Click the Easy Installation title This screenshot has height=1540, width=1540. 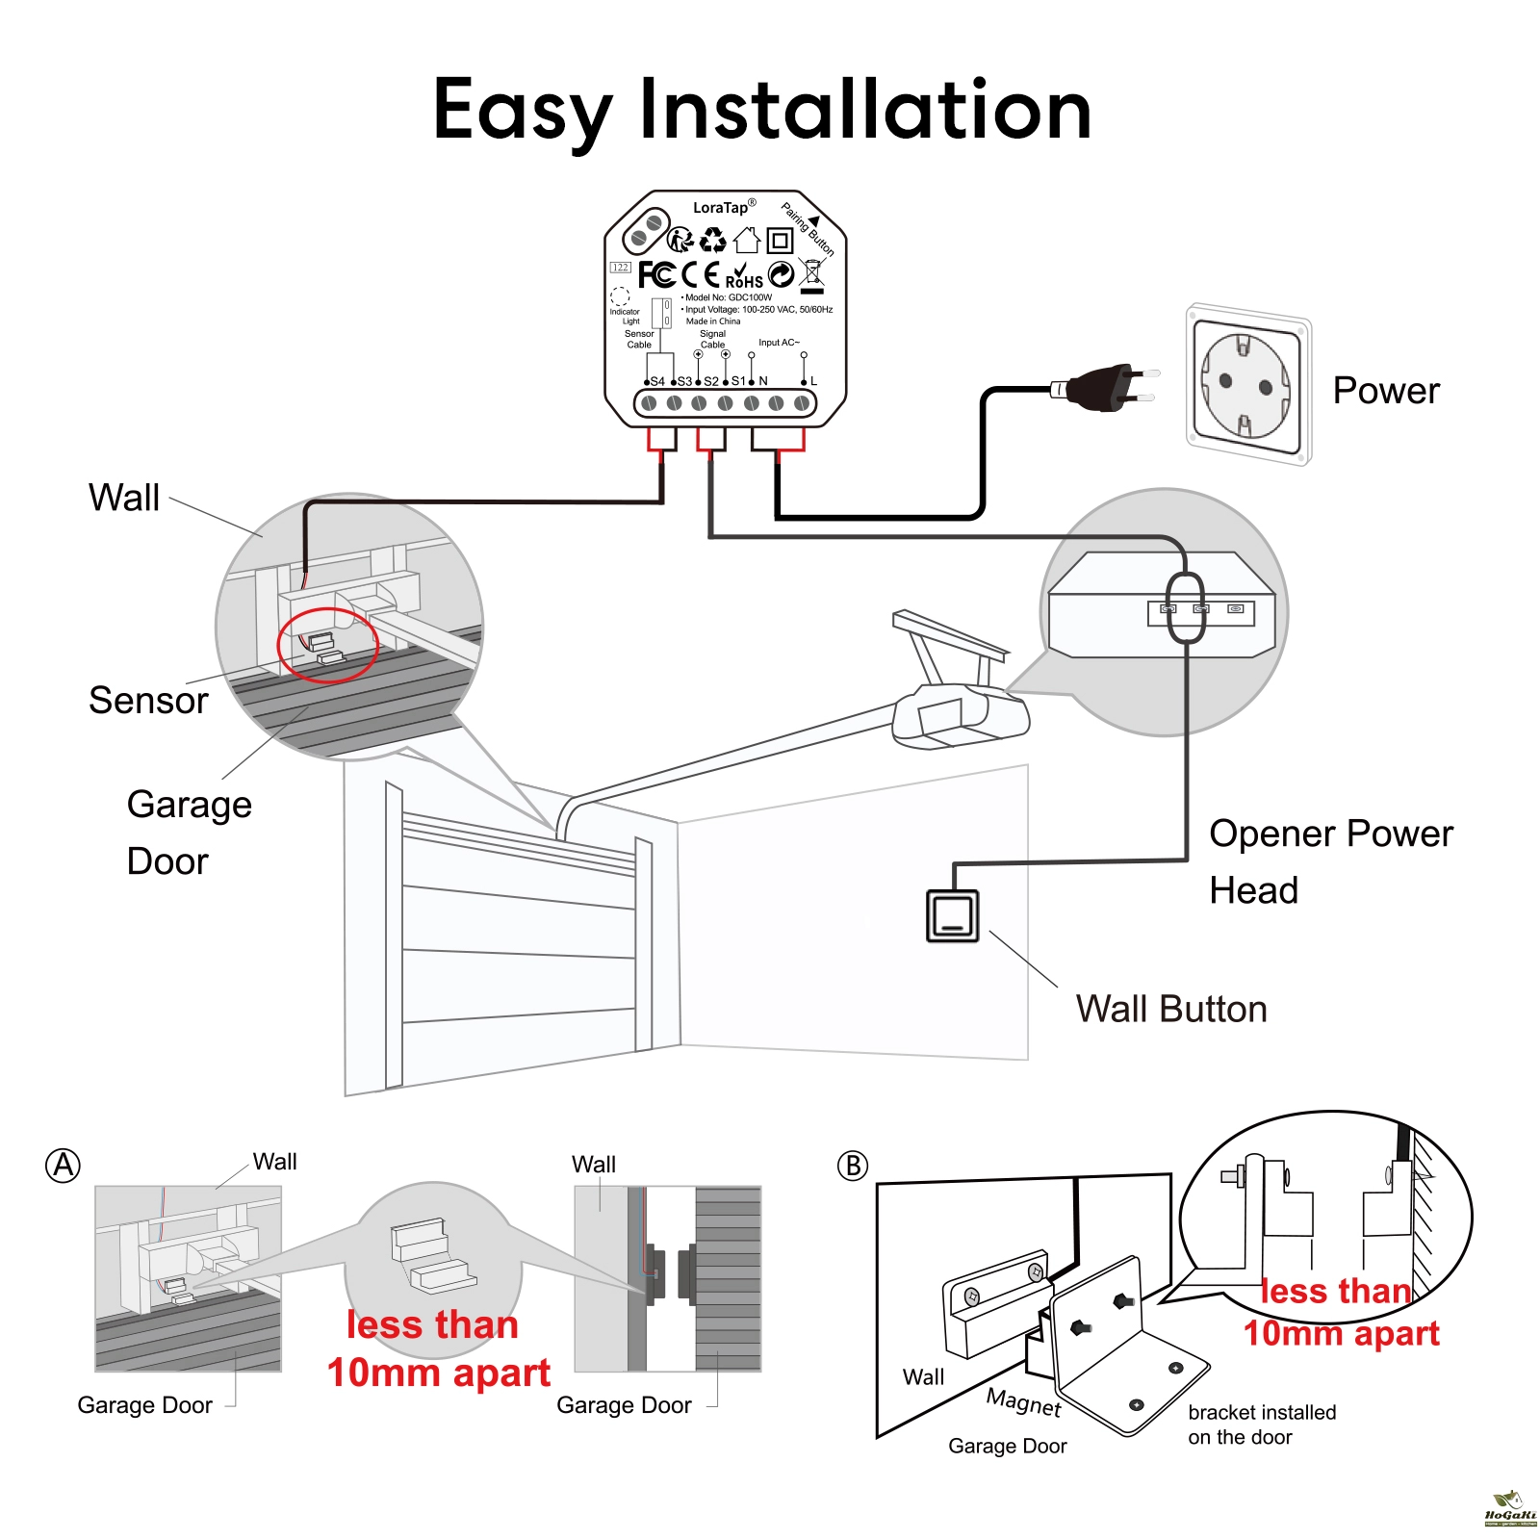pos(762,110)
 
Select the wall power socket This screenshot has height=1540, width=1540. pos(1247,384)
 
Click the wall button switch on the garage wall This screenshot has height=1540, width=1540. pos(952,915)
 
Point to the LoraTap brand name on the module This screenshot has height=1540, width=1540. pos(721,208)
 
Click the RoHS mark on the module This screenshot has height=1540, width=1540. pos(744,277)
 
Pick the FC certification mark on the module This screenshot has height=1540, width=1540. pos(656,274)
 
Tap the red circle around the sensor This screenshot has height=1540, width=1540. pos(327,645)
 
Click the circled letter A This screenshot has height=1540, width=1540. pos(64,1166)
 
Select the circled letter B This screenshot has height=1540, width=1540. pos(852,1166)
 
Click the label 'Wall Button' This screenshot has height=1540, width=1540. pos(1170,1009)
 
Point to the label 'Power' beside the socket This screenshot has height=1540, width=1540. pos(1385,391)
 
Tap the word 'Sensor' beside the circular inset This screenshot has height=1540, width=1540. pos(148,701)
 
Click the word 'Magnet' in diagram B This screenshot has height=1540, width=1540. pos(1024,1401)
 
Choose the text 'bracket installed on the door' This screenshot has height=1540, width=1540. pos(1261,1424)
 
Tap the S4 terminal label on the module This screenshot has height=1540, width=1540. pos(657,381)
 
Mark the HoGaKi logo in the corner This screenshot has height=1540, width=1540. pos(1510,1509)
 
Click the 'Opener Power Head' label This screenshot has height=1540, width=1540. pos(1330,861)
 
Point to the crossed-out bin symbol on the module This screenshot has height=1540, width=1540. pos(813,275)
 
